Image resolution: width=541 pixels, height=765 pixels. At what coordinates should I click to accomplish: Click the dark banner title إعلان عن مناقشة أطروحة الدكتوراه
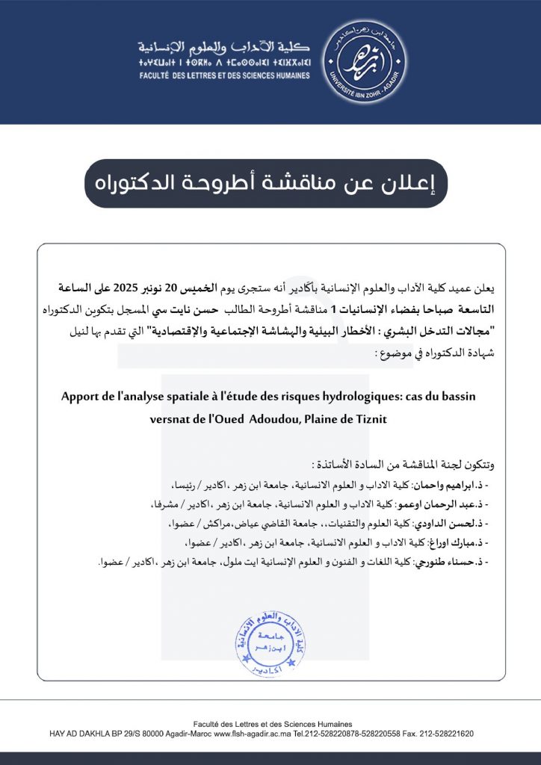coord(265,183)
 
